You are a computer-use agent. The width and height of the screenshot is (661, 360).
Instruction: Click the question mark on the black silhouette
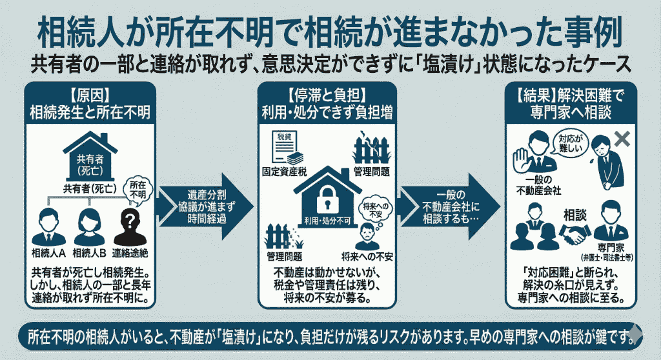point(132,219)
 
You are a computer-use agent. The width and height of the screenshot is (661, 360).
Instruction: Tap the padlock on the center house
point(329,197)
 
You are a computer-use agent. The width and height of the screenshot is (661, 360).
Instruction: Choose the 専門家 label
point(609,246)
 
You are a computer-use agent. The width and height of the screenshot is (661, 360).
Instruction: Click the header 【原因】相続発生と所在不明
point(90,104)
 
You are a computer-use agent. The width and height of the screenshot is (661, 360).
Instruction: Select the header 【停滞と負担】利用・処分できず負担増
point(330,104)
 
